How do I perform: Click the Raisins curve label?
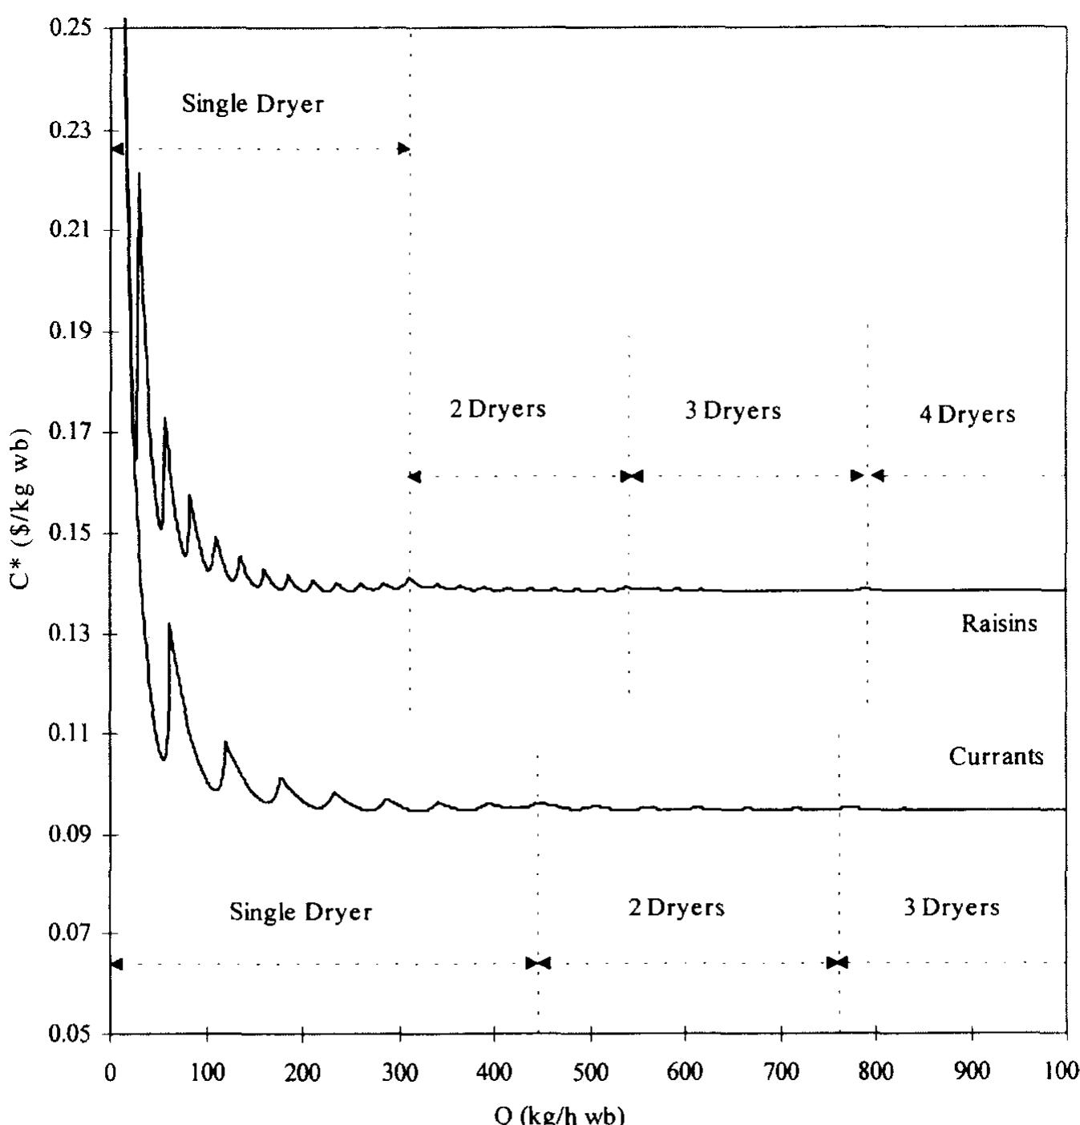999,623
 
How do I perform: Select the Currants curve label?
996,756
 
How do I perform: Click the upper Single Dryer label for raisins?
253,103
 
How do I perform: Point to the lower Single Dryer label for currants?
301,912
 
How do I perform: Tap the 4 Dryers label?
967,414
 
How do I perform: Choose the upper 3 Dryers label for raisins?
733,411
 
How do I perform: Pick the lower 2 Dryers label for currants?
676,908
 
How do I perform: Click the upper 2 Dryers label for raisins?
497,409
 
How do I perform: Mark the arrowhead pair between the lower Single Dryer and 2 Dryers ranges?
538,962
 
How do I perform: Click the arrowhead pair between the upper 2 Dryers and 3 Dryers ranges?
631,477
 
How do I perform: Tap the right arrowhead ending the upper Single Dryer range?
403,149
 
